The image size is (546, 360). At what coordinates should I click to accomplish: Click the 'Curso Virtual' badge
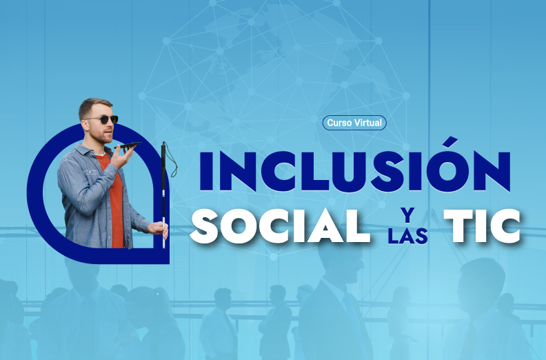354,123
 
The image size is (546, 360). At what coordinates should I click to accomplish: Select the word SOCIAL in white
280,226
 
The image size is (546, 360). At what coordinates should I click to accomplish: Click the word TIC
483,226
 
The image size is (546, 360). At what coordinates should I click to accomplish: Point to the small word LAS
408,236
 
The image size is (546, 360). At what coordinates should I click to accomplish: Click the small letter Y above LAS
407,215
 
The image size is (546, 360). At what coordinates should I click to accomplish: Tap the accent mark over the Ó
452,142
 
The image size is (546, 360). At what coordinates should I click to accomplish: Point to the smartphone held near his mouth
128,145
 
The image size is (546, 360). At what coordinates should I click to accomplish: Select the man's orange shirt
114,199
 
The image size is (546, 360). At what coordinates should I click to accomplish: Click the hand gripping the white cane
159,229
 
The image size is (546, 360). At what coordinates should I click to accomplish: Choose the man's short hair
92,107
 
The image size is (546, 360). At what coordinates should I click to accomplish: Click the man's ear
85,125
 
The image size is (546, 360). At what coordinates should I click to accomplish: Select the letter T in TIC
457,226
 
